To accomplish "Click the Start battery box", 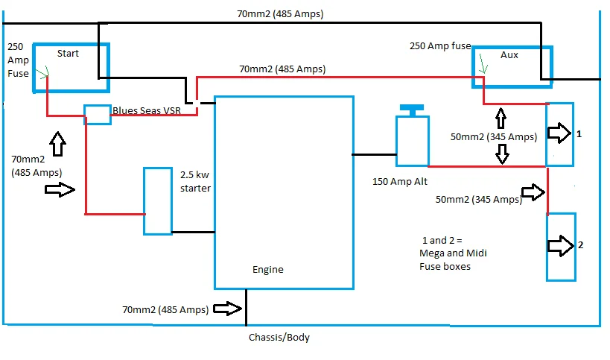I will coord(71,67).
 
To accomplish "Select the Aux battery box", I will coord(513,68).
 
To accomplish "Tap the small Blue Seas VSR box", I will coord(97,114).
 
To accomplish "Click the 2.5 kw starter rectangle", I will coord(157,201).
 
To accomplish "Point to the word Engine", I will coord(267,270).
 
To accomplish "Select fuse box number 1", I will coord(560,134).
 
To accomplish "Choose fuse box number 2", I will coord(561,246).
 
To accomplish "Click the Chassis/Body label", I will coord(279,337).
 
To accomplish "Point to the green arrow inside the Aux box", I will coord(484,66).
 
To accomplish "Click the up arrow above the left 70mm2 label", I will coord(57,143).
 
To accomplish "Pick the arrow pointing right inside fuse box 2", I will coord(558,244).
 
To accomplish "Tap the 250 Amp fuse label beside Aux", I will coord(440,46).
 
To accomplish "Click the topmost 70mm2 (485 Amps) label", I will coord(281,14).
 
